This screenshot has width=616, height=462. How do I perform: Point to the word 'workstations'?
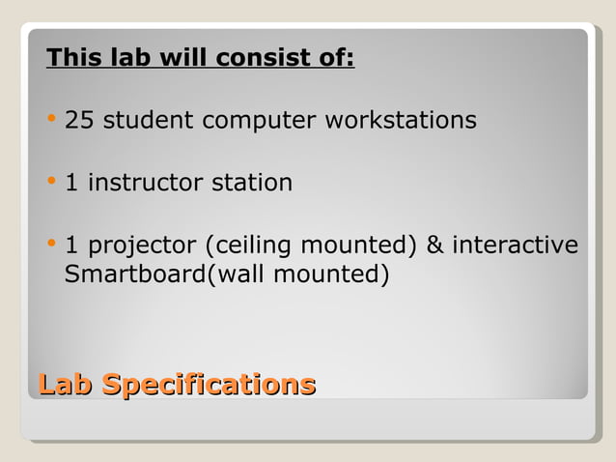click(x=400, y=121)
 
